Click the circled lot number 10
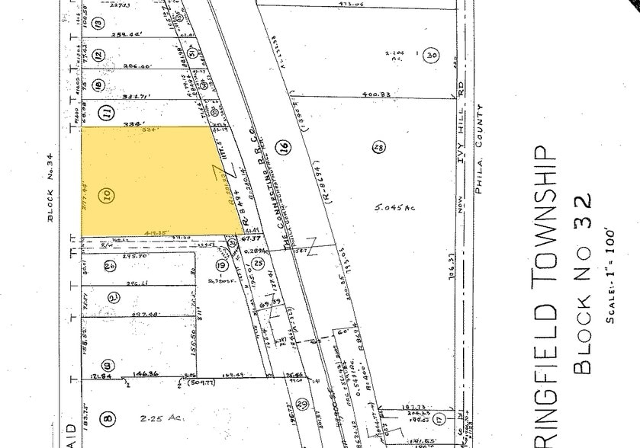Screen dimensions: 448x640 click(108, 196)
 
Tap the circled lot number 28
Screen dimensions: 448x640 click(378, 148)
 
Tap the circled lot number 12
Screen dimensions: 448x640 click(98, 55)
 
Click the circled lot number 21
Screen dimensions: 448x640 click(114, 297)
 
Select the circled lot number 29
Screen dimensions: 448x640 click(302, 403)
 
